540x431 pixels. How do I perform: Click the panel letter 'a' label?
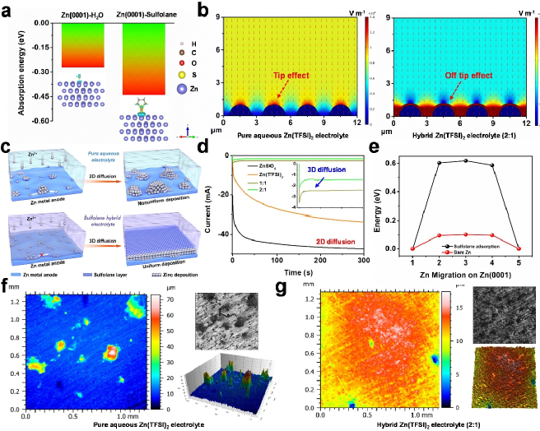tap(7, 7)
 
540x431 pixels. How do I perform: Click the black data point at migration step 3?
tap(468, 161)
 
